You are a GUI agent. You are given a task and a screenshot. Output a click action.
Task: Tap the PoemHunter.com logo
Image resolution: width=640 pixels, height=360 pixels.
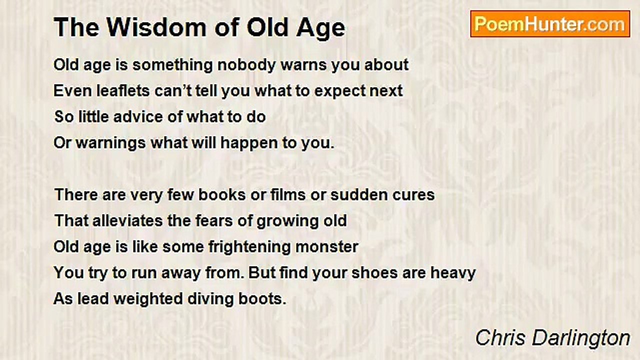point(550,24)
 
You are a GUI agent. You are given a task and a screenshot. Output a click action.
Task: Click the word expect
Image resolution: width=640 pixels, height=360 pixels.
point(339,91)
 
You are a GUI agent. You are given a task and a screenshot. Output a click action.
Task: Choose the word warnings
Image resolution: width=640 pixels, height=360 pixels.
point(111,143)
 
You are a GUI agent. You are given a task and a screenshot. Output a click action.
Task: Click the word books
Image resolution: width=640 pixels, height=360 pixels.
point(222,195)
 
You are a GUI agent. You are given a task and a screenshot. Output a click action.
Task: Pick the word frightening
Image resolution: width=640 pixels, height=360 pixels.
point(249,247)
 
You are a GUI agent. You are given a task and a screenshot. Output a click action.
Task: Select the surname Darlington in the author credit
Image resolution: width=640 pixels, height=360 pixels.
point(581,338)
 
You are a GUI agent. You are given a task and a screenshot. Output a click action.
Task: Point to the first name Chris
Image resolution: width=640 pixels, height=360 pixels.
point(500,338)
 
